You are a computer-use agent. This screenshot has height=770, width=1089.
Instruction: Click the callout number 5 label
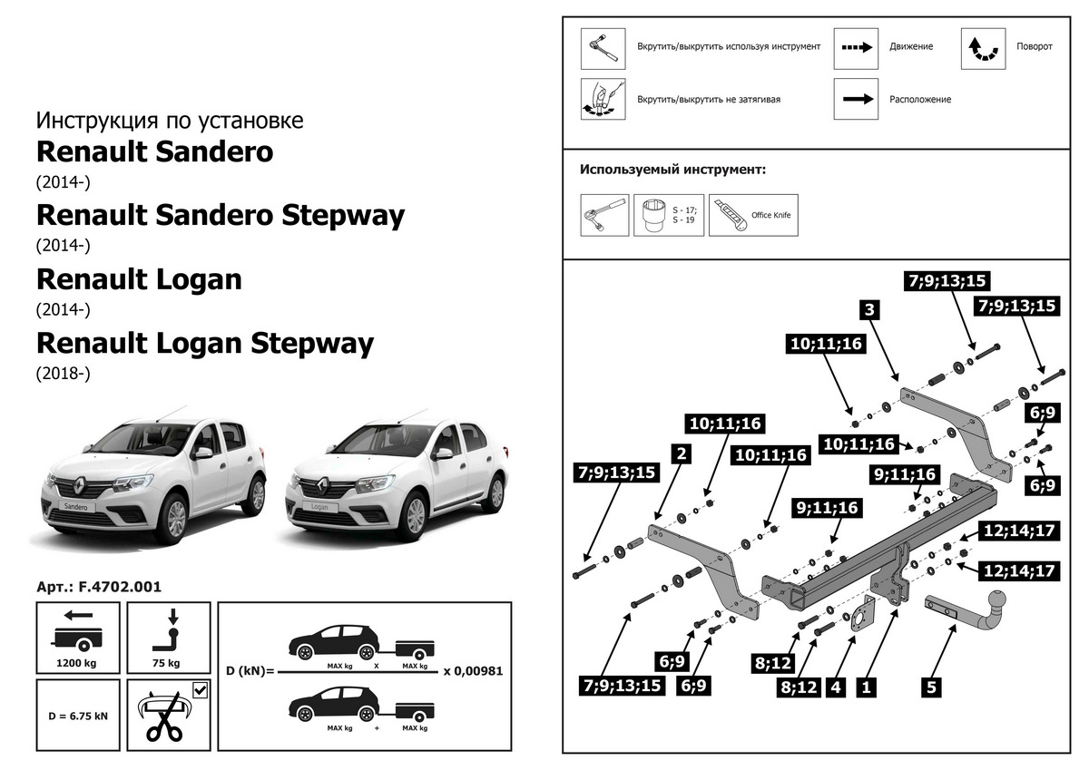pyautogui.click(x=931, y=687)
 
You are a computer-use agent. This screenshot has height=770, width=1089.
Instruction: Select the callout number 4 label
pyautogui.click(x=835, y=687)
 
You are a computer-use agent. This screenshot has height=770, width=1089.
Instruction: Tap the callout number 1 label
pyautogui.click(x=867, y=687)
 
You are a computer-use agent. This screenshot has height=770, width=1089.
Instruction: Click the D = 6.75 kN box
pyautogui.click(x=79, y=715)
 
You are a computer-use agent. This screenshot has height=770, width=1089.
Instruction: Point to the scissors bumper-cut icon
pyautogui.click(x=163, y=719)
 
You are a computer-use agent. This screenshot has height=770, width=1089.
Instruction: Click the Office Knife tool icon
pyautogui.click(x=753, y=214)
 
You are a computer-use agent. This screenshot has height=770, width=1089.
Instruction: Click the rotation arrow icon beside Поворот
pyautogui.click(x=984, y=48)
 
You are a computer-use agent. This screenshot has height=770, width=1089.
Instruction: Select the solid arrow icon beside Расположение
pyautogui.click(x=857, y=100)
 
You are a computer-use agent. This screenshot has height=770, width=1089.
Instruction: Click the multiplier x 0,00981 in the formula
pyautogui.click(x=473, y=671)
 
